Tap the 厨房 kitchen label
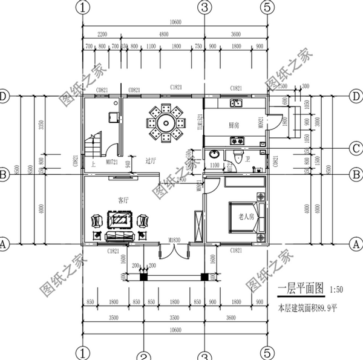[x=234, y=125]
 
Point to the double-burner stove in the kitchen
[x=235, y=142]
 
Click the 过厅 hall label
[x=151, y=162]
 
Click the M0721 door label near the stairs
[x=111, y=162]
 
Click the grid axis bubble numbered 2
[x=143, y=356]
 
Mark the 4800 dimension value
[x=163, y=34]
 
